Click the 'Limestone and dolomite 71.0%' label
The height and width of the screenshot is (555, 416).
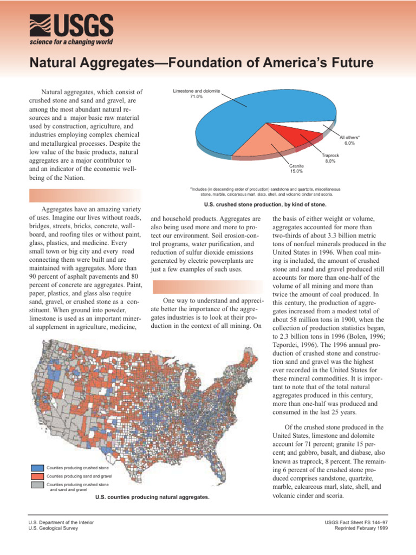pyautogui.click(x=196, y=94)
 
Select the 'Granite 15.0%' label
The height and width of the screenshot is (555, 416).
pyautogui.click(x=296, y=169)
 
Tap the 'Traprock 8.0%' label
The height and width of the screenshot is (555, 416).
pyautogui.click(x=329, y=158)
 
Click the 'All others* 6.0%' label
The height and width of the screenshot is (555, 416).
pyautogui.click(x=349, y=140)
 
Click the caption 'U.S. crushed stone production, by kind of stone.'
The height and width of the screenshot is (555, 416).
pyautogui.click(x=265, y=205)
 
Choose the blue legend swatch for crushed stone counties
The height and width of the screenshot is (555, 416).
pyautogui.click(x=37, y=468)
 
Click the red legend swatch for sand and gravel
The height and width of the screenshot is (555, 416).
pyautogui.click(x=37, y=476)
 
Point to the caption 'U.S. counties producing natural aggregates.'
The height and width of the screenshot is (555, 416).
pyautogui.click(x=152, y=496)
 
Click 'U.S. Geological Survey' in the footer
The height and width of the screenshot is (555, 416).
pyautogui.click(x=53, y=528)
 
